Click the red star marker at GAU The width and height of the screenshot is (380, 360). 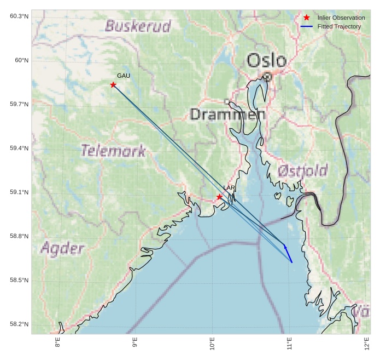[x=113, y=85]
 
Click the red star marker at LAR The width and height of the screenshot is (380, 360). [x=219, y=197]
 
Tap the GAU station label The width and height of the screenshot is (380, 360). [x=124, y=76]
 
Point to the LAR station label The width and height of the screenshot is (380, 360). [x=229, y=188]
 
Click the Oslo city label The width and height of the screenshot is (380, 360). [x=266, y=60]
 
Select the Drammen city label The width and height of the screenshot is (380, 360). [x=227, y=115]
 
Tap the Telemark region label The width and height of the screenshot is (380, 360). [x=113, y=151]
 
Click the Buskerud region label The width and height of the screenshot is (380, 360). [x=138, y=26]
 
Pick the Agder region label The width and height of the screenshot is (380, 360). [x=63, y=248]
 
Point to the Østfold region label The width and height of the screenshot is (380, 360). [x=302, y=170]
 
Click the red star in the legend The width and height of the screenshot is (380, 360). [x=307, y=18]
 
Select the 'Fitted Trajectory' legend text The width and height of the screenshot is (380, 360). [x=339, y=26]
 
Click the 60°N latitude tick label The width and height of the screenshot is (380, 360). [x=19, y=60]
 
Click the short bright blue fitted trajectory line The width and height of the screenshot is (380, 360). [x=288, y=254]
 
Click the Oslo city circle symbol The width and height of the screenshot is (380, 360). [x=267, y=77]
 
